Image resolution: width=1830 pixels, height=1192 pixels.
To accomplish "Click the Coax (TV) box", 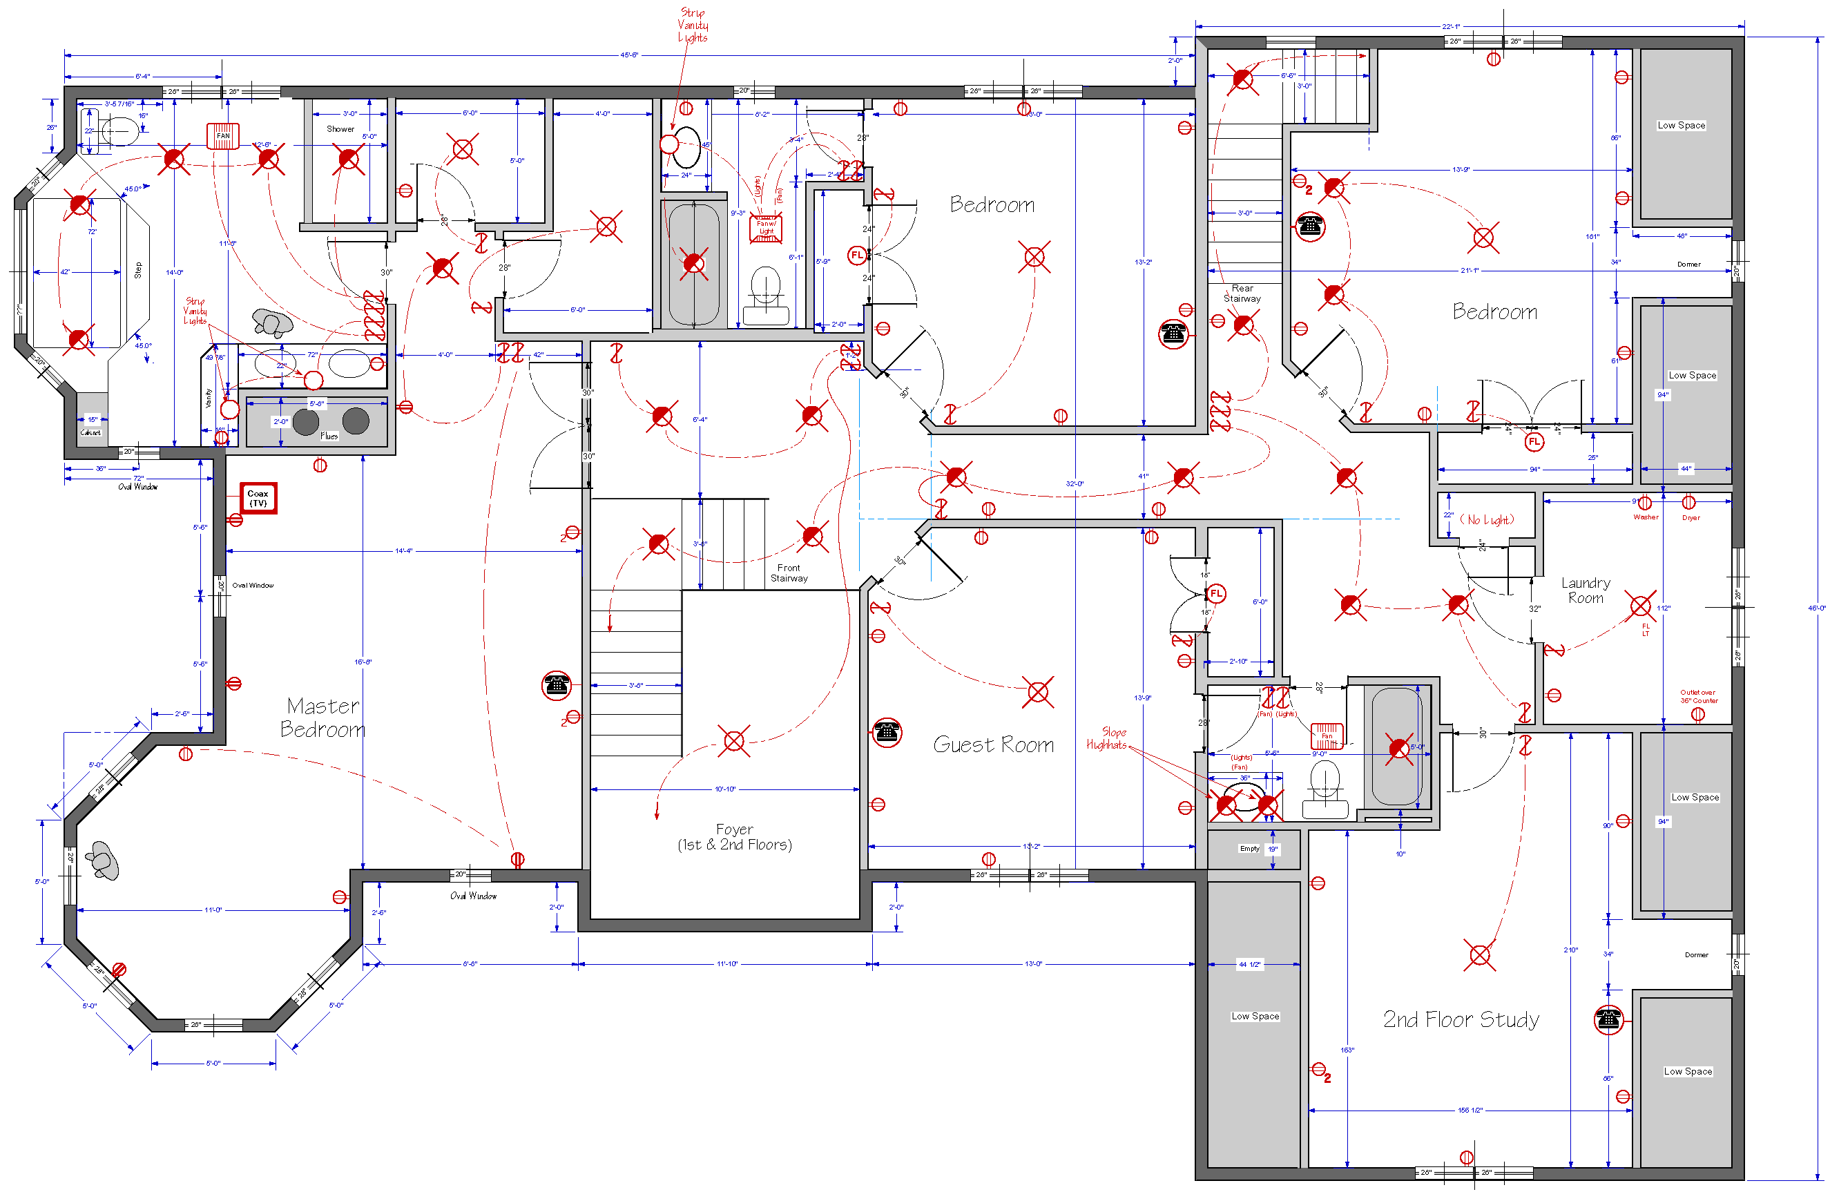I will [258, 499].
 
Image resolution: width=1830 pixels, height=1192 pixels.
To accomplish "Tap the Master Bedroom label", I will [322, 717].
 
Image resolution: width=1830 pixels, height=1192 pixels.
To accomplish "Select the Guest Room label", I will [994, 744].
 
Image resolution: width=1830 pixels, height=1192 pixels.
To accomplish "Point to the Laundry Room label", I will [1586, 590].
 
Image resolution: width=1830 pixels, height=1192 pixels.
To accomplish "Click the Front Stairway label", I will [789, 573].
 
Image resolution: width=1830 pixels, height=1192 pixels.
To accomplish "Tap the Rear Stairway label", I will [1242, 293].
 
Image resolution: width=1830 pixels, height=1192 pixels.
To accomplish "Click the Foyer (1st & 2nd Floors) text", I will [734, 837].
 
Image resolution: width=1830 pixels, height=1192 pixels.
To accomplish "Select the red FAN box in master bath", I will [223, 135].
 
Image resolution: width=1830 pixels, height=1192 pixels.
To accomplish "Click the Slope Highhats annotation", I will [1107, 738].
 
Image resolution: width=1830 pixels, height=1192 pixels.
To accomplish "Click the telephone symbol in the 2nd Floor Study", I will [1608, 1020].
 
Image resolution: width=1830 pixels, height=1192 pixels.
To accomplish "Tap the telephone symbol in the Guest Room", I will [887, 732].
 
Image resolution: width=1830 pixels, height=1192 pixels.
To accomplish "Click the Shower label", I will [340, 129].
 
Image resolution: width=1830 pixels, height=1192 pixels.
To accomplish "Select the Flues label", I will [329, 436].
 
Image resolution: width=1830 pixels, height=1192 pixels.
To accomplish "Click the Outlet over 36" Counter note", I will [1699, 696].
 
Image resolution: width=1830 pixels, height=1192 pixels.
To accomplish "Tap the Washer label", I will [1646, 517].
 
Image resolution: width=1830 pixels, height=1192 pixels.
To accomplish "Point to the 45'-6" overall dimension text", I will [629, 55].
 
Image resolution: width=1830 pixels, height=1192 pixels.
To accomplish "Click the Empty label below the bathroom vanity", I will [1249, 848].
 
